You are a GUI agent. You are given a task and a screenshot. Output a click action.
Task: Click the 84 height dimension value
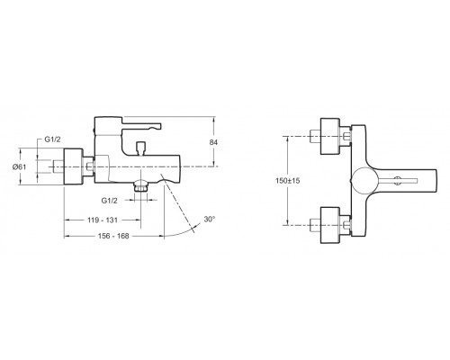213,142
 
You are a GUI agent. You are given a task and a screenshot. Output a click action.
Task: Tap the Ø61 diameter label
19,167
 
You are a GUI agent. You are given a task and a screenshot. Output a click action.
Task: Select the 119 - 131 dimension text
103,220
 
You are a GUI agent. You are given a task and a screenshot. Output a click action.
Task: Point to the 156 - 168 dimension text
113,236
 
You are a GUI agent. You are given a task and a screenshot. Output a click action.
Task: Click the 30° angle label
210,219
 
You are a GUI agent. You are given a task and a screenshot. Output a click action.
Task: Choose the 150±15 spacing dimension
288,181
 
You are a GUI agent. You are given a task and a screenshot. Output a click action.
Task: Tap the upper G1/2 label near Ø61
52,139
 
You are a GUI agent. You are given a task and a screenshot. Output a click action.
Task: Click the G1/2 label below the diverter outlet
110,201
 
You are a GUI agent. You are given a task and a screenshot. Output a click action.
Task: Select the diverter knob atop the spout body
140,148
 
